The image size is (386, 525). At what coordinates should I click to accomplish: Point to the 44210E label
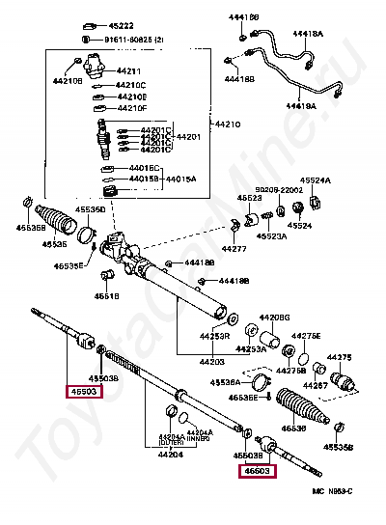pos(131,97)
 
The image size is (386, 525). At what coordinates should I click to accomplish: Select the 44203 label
pos(185,361)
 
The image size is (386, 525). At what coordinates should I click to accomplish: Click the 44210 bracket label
pos(228,124)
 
